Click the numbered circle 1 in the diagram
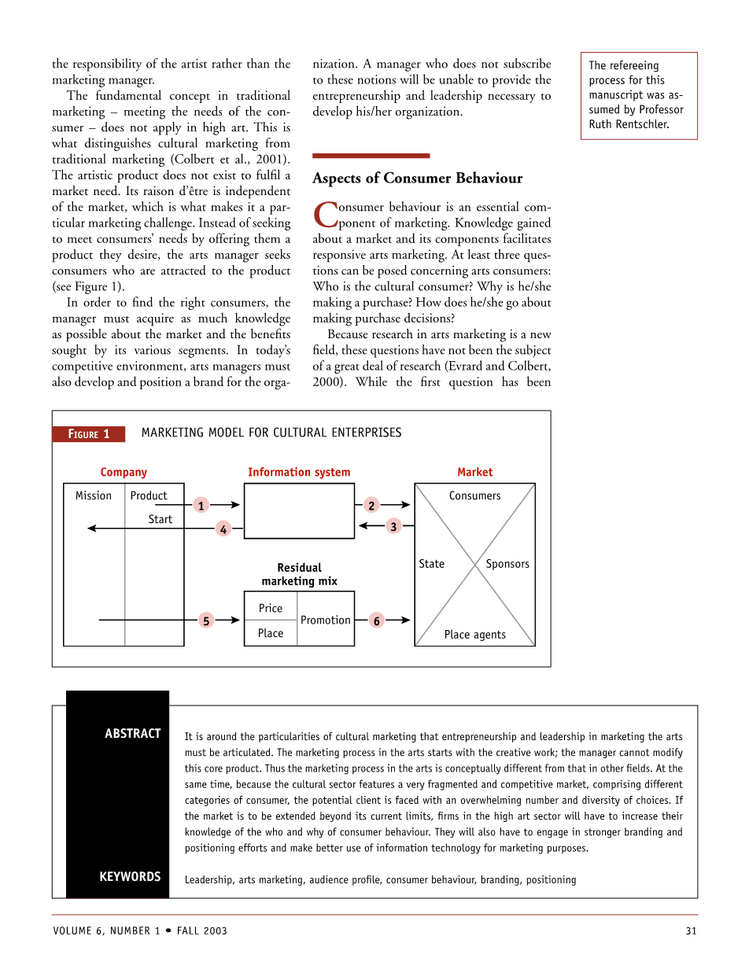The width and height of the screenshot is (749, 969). pos(201,506)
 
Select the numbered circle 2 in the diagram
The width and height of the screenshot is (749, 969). pos(371,506)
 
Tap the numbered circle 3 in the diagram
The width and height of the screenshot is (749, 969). pos(393,526)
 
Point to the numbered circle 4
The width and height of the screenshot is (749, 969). pos(223,529)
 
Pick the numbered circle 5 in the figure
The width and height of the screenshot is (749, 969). pos(205,621)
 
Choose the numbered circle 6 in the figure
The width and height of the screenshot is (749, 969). pos(377,621)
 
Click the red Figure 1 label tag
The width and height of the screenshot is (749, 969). pos(89,434)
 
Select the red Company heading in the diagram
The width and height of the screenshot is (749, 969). pos(124,472)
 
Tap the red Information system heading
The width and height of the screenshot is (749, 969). pos(299,472)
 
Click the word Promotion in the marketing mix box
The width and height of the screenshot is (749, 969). pos(325,620)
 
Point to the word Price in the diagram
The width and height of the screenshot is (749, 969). pos(270,608)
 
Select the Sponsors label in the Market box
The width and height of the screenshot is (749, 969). pos(507,564)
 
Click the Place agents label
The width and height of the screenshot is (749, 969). pos(474,635)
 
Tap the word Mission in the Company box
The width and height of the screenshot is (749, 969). pos(94,496)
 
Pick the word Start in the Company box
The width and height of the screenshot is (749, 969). pos(160,519)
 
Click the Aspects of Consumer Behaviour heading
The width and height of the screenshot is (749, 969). pos(417,179)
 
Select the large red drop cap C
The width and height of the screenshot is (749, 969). pos(324,213)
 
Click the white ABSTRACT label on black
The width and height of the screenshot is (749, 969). pos(133,733)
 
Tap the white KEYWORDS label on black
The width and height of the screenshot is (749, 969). pos(130,876)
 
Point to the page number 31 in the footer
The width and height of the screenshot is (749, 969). pos(691,930)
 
